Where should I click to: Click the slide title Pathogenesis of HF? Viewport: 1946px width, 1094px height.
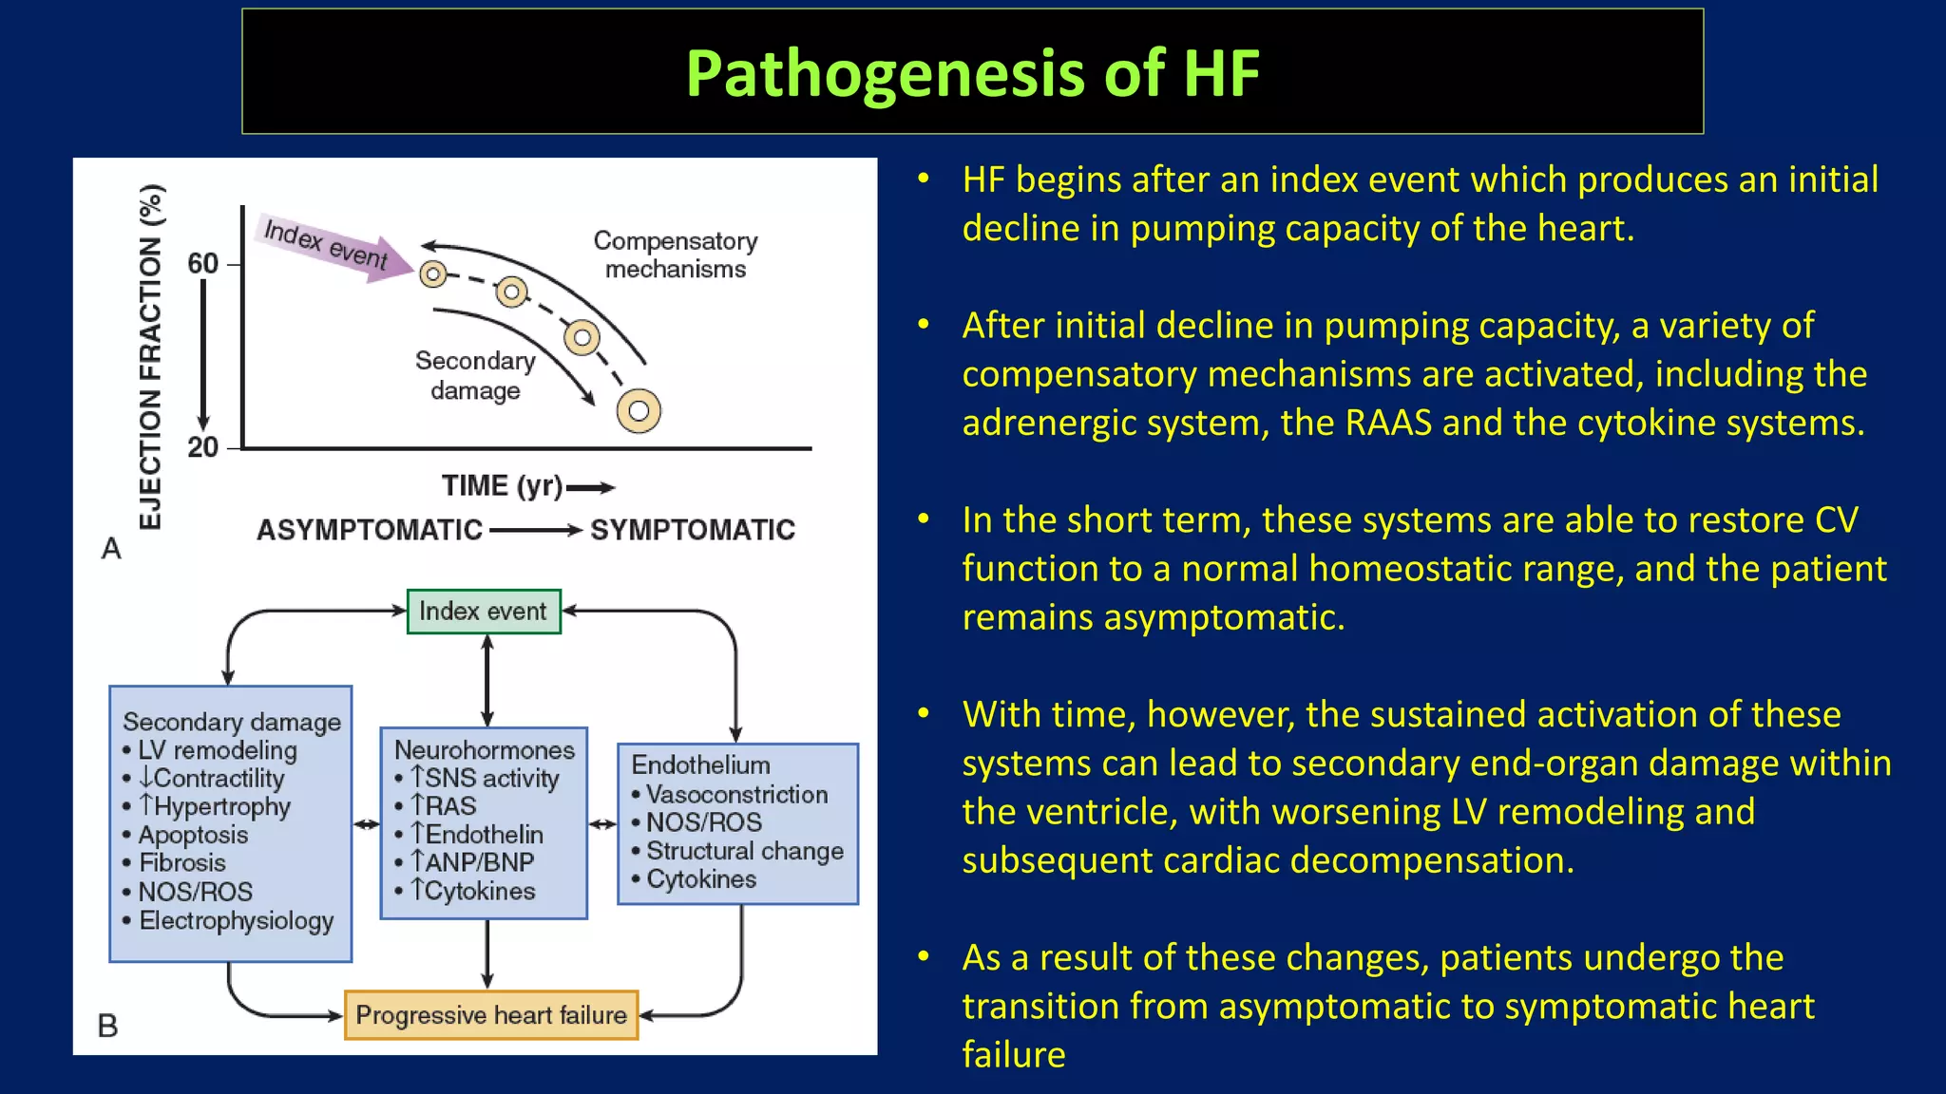click(x=972, y=73)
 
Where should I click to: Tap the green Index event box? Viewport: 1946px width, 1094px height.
click(x=484, y=612)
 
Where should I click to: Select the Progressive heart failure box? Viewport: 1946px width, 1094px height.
click(x=490, y=1015)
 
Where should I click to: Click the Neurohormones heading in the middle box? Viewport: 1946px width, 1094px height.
click(x=484, y=750)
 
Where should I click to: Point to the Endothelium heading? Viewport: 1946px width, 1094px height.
click(x=700, y=764)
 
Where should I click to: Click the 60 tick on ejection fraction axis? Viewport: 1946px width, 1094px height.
click(x=203, y=263)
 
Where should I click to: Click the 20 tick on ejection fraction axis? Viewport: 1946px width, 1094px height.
click(x=203, y=447)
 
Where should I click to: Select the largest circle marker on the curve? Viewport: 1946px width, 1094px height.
click(x=639, y=410)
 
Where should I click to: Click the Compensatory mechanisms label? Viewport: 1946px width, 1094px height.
click(x=676, y=255)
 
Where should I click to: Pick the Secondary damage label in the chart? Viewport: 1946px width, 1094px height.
click(x=475, y=375)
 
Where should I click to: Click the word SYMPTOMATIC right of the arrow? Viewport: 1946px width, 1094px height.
click(x=693, y=530)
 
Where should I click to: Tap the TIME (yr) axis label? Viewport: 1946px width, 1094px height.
click(x=503, y=486)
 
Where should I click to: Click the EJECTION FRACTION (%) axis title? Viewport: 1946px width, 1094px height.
click(x=151, y=356)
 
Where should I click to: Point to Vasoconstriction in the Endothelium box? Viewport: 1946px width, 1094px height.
click(x=736, y=794)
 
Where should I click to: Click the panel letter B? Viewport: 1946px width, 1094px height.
click(x=108, y=1026)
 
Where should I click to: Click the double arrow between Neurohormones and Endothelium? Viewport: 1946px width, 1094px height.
click(x=602, y=824)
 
